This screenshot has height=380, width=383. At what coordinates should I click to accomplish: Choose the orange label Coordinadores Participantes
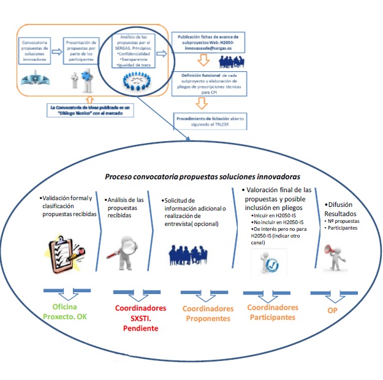click(274, 312)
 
